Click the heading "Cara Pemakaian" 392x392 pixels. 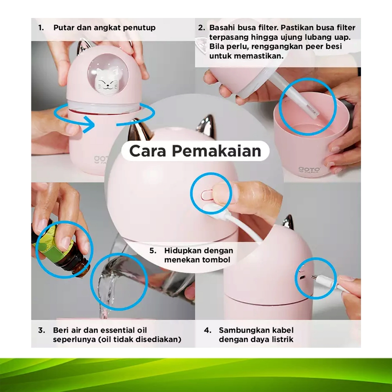(x=195, y=151)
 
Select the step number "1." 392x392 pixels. (x=41, y=28)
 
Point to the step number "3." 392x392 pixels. (x=41, y=330)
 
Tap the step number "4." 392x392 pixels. (x=207, y=330)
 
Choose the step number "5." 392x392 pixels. (x=153, y=250)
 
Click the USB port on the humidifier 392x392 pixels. (x=302, y=278)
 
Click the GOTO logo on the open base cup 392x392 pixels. (x=309, y=170)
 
